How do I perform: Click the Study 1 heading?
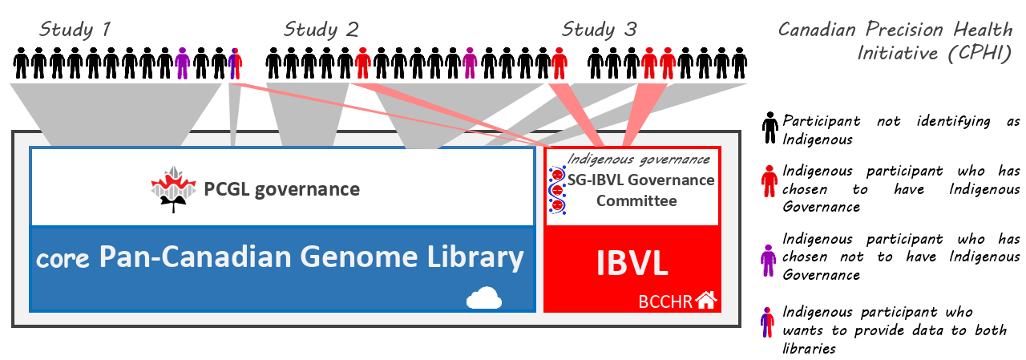[x=75, y=30]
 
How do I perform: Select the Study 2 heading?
[x=321, y=30]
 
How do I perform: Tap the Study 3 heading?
[x=599, y=30]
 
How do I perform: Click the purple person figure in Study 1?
[x=182, y=63]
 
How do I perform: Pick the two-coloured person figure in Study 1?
[x=235, y=63]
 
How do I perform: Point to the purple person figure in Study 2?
[x=471, y=63]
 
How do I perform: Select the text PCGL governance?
[x=282, y=190]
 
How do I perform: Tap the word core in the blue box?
[x=64, y=259]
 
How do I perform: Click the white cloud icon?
[x=483, y=299]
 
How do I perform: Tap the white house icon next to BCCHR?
[x=705, y=301]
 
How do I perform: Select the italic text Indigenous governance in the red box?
[x=640, y=160]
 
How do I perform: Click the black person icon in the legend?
[x=769, y=128]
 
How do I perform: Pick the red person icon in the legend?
[x=769, y=181]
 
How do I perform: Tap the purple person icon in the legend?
[x=769, y=257]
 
